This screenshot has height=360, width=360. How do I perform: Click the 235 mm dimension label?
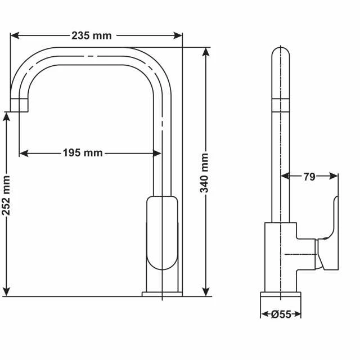(92, 35)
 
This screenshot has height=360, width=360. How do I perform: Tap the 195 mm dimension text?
(83, 152)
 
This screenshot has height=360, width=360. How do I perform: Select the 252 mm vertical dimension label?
(6, 196)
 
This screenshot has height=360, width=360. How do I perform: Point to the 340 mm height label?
(204, 173)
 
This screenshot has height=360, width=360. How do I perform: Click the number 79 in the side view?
(309, 177)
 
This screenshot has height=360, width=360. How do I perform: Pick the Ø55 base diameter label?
(281, 314)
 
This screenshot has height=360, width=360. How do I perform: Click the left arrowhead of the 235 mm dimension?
(15, 35)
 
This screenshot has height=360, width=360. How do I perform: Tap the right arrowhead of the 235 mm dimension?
(178, 35)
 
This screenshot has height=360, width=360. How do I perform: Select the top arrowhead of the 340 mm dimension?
(206, 52)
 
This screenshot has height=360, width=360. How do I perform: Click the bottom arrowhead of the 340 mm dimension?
(206, 292)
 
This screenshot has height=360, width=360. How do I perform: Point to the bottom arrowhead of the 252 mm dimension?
(7, 292)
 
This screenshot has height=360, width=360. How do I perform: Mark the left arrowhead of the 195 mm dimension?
(24, 153)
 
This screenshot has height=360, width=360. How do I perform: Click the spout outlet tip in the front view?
(19, 105)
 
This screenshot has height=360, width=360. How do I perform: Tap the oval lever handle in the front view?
(162, 233)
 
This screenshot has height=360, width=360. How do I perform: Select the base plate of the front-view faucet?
(162, 294)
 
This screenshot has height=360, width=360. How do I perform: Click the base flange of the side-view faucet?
(281, 294)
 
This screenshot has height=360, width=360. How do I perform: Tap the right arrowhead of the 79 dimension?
(334, 176)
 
